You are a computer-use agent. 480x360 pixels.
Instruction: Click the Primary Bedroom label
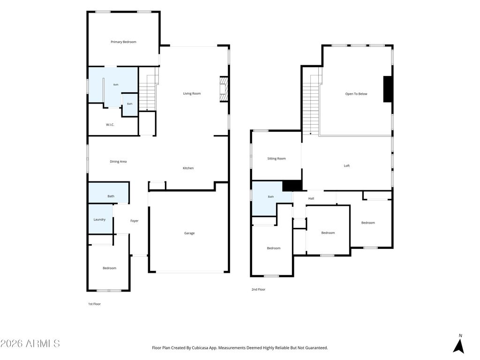[123, 42]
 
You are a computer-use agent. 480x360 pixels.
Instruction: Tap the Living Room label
[192, 94]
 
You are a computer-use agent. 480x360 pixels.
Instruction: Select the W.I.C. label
[110, 125]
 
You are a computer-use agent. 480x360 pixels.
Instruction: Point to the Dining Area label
[118, 162]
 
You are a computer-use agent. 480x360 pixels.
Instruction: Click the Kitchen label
[188, 168]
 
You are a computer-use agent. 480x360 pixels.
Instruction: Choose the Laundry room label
[99, 219]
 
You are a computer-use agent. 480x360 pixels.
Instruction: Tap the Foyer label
[135, 221]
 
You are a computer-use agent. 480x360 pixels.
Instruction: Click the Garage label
[189, 233]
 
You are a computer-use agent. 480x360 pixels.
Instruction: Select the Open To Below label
[356, 94]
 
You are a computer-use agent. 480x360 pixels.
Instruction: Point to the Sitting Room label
[277, 158]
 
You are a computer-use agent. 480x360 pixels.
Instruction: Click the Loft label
[346, 166]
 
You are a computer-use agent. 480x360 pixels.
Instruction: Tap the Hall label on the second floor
[311, 199]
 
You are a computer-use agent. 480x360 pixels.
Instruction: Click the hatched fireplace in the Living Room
[224, 89]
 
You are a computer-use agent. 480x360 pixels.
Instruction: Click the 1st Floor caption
[94, 304]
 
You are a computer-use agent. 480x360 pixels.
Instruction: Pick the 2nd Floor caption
[258, 289]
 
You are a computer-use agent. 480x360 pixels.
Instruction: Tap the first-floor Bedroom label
[109, 268]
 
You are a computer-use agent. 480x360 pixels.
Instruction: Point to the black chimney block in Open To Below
[388, 89]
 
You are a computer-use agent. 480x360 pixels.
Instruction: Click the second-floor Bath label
[271, 197]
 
